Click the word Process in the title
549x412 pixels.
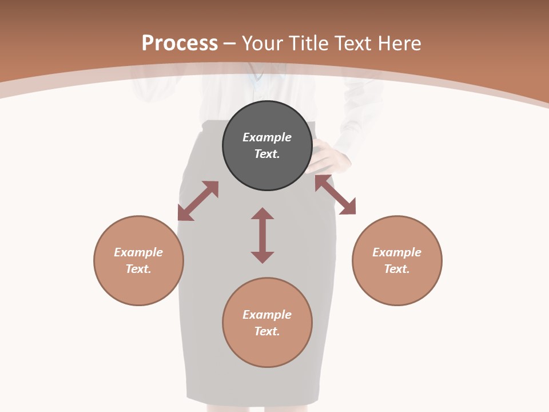[180, 43]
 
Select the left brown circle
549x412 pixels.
[138, 286]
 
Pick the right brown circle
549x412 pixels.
[397, 286]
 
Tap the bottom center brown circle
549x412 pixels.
[267, 349]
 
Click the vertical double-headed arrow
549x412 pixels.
[262, 235]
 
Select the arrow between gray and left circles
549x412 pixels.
[198, 201]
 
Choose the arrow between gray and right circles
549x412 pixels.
[335, 195]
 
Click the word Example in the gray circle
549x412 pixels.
[267, 137]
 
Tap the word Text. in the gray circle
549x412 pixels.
[267, 154]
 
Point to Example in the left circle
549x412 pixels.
[138, 252]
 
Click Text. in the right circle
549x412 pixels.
[397, 269]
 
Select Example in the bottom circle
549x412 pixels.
[267, 315]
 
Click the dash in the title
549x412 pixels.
[230, 43]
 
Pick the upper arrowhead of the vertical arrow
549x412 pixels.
[262, 214]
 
